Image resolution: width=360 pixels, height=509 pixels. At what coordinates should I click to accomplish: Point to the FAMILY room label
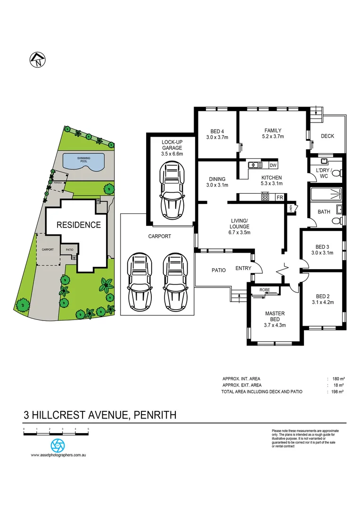pyautogui.click(x=272, y=131)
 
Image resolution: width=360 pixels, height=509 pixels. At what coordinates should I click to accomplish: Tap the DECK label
pyautogui.click(x=327, y=136)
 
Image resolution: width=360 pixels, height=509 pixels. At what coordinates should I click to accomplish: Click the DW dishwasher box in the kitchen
pyautogui.click(x=273, y=165)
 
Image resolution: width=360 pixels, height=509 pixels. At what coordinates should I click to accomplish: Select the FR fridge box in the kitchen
pyautogui.click(x=279, y=197)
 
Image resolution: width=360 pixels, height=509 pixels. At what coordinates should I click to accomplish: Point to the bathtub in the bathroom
pyautogui.click(x=325, y=194)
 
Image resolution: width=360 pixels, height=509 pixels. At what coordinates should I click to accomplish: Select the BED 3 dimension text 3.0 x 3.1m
pyautogui.click(x=322, y=253)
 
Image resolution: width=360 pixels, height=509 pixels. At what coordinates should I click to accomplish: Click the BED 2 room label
pyautogui.click(x=322, y=296)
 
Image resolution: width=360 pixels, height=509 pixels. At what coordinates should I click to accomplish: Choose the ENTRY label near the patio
pyautogui.click(x=243, y=268)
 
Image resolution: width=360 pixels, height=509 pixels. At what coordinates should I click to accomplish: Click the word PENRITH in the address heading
pyautogui.click(x=155, y=415)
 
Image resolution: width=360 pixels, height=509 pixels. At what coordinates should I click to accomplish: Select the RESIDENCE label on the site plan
pyautogui.click(x=79, y=225)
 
